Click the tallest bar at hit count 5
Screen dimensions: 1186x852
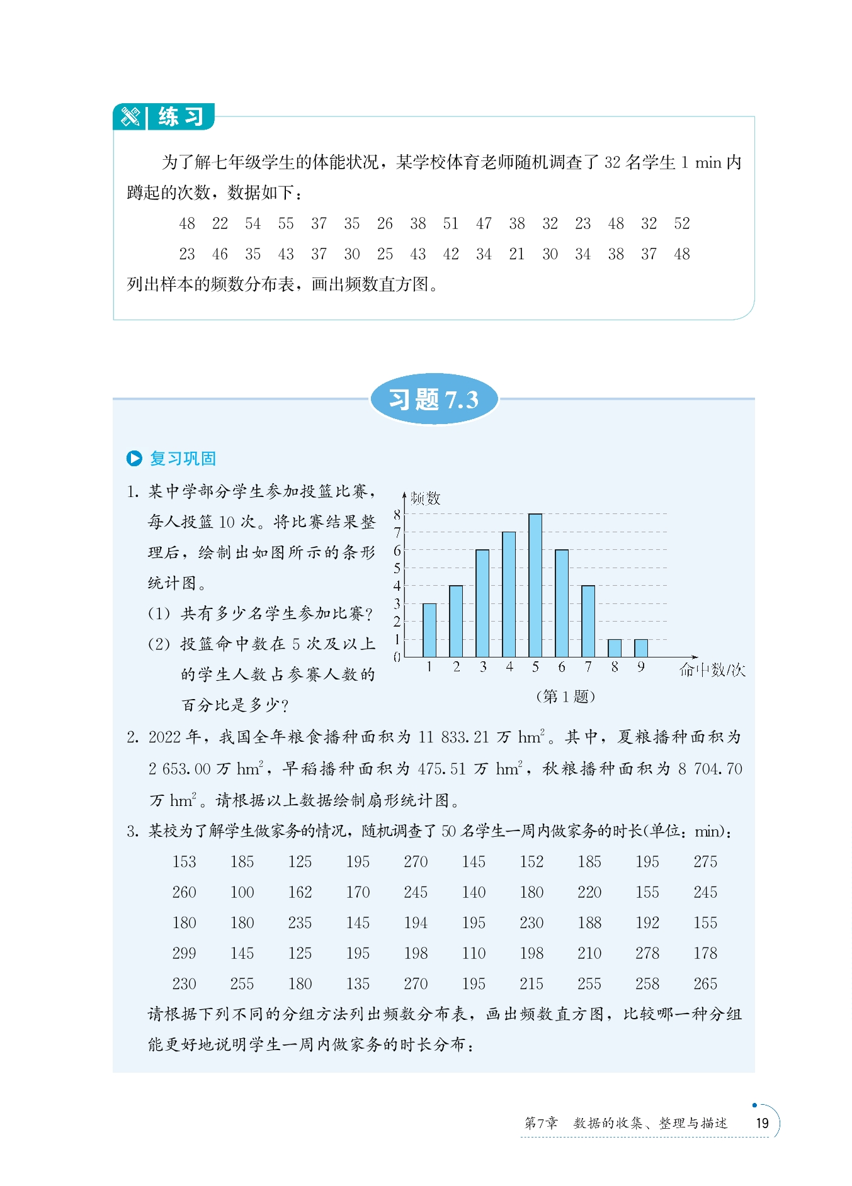[535, 585]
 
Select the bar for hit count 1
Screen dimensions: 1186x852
[429, 630]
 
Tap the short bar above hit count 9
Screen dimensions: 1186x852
[641, 648]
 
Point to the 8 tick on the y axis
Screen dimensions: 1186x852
[397, 514]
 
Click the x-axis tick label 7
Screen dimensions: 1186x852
[588, 667]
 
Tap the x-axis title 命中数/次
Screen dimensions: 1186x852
[712, 670]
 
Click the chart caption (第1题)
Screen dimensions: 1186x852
[565, 696]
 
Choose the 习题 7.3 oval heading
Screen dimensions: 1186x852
[434, 400]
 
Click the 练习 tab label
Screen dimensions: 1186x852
[181, 117]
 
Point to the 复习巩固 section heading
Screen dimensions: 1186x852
[183, 459]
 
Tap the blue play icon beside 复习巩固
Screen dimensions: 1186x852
[134, 459]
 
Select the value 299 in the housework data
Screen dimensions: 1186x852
[184, 953]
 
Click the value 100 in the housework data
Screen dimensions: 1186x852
[242, 892]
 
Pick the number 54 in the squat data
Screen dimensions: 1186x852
[253, 223]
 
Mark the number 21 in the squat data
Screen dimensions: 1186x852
[516, 254]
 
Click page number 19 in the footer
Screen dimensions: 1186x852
[762, 1123]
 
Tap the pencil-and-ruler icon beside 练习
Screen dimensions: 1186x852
[130, 117]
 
